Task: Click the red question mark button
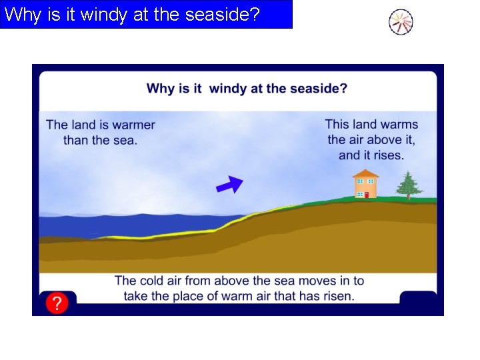(x=57, y=303)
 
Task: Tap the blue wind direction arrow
(x=229, y=185)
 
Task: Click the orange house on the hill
(x=365, y=185)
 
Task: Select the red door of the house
(x=366, y=194)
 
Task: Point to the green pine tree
(x=408, y=185)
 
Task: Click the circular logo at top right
(x=401, y=23)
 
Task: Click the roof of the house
(x=365, y=174)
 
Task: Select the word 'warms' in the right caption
(x=399, y=125)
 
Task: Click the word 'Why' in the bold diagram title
(x=160, y=88)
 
